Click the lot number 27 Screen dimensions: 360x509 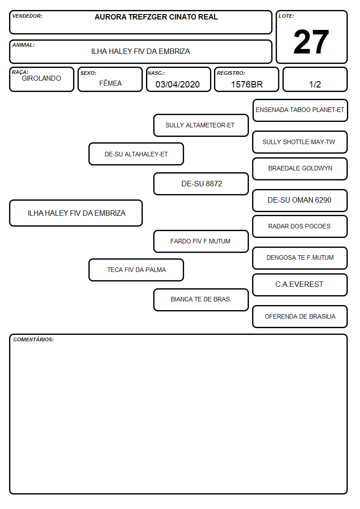(x=311, y=42)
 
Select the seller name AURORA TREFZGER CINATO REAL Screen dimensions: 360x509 (x=156, y=17)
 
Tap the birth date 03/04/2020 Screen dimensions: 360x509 (x=178, y=84)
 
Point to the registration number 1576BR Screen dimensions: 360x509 (x=247, y=84)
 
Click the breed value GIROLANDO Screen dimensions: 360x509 (x=42, y=78)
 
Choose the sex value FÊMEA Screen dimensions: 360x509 (x=110, y=83)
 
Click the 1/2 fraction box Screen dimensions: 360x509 (x=315, y=79)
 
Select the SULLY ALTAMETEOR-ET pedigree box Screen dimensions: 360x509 (x=201, y=125)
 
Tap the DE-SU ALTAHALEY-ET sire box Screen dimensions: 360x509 (x=136, y=154)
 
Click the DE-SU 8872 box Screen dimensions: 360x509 (x=201, y=184)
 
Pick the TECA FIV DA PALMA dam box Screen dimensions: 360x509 (x=136, y=270)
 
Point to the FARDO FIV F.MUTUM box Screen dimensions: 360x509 (x=201, y=241)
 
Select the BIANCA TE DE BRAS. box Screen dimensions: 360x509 (x=201, y=300)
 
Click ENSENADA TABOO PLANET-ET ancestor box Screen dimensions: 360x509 (x=300, y=111)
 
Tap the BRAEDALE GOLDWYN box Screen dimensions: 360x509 (x=300, y=169)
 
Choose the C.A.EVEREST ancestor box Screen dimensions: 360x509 (x=300, y=285)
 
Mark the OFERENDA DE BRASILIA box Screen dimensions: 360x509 (x=300, y=316)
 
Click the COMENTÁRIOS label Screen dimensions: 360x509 (x=34, y=339)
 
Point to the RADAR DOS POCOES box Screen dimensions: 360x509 (x=300, y=226)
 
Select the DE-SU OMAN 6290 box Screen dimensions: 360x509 (x=300, y=200)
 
